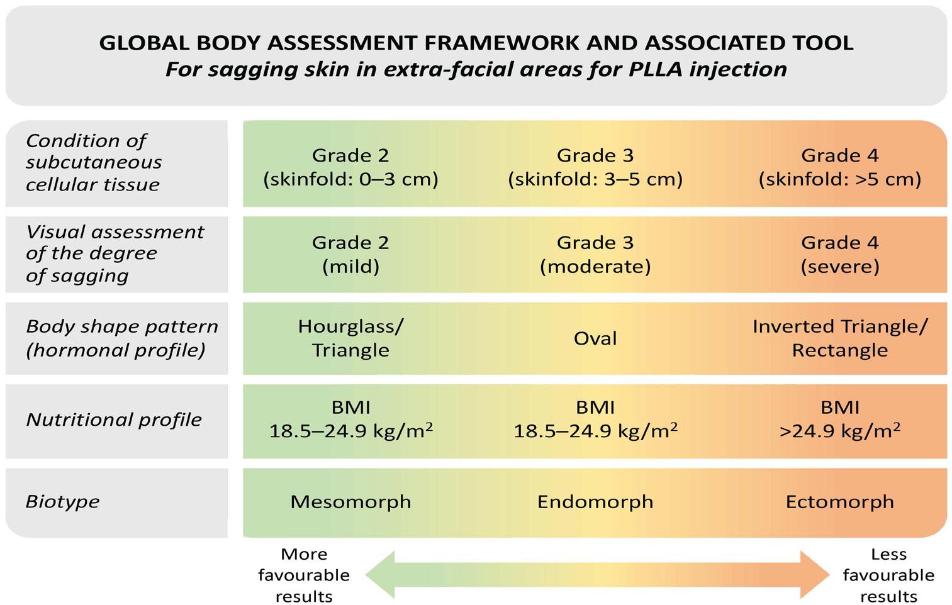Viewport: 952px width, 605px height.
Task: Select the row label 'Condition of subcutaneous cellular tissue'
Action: [94, 162]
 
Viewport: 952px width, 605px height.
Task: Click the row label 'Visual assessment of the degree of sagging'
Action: [115, 253]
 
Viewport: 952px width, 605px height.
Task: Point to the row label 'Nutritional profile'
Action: [114, 419]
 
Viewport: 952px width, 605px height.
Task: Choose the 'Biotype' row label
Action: [62, 501]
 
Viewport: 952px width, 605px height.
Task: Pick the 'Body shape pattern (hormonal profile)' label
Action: [121, 338]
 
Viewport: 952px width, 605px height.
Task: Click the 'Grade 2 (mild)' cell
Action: [350, 254]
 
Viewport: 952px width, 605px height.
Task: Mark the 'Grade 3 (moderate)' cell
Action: [595, 254]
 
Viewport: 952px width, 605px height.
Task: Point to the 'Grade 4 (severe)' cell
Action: [839, 254]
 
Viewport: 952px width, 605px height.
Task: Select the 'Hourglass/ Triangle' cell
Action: [350, 338]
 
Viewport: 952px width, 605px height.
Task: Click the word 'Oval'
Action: [595, 338]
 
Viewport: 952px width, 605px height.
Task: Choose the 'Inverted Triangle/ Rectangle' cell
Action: [839, 338]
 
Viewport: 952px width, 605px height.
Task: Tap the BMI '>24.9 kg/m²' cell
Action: [839, 419]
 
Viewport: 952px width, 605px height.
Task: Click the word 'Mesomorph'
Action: [350, 501]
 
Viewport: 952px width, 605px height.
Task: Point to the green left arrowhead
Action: [381, 574]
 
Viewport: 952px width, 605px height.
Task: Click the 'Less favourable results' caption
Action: [888, 575]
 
